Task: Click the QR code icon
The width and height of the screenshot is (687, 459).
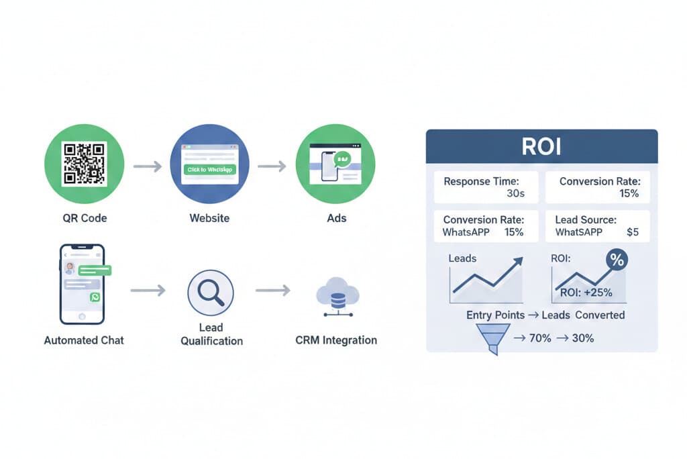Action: coord(85,164)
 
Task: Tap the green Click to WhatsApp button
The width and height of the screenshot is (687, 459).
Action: coord(210,170)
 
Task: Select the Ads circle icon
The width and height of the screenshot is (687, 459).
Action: coord(336,164)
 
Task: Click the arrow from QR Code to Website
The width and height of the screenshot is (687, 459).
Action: coord(148,166)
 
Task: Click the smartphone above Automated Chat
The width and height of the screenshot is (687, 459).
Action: coord(83,284)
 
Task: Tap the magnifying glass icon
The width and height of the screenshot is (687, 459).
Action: coord(211,292)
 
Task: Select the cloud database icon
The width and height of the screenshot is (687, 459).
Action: coord(337,299)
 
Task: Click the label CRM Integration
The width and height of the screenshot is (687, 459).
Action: coord(336,340)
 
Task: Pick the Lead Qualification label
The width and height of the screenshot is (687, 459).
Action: coord(211,334)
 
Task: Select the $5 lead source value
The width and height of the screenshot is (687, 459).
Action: coord(632,232)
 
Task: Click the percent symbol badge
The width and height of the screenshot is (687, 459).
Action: coord(616,260)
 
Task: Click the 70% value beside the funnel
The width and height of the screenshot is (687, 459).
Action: coord(540,338)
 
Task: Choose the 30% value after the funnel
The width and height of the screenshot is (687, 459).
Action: coord(583,338)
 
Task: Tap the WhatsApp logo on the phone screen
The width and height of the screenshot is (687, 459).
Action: coord(95,297)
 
